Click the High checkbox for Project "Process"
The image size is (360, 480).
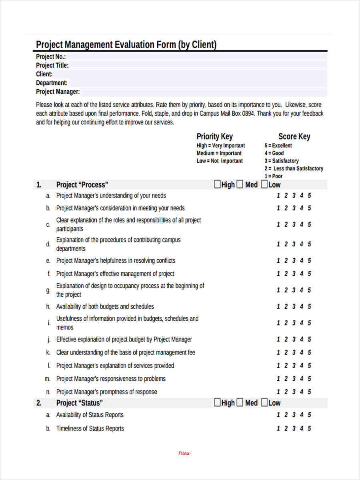(x=217, y=184)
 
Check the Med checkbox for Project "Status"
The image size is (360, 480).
(x=240, y=402)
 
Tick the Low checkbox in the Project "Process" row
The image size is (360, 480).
(x=264, y=184)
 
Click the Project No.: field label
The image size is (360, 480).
(x=51, y=57)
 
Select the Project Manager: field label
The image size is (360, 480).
(x=58, y=92)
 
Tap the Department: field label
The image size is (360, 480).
(x=52, y=83)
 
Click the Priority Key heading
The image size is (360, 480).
(x=214, y=136)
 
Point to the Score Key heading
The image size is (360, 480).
(x=294, y=136)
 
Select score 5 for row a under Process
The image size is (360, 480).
(x=309, y=196)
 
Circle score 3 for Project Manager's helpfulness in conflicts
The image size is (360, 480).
(x=294, y=261)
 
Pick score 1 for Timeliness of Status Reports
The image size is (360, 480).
(x=278, y=429)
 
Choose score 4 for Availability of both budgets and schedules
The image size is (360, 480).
(x=302, y=307)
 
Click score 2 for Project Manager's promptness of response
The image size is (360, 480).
(x=286, y=392)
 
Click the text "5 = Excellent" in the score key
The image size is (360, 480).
(x=278, y=146)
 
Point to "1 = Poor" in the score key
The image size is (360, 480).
(x=273, y=176)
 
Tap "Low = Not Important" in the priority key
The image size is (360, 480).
(x=220, y=161)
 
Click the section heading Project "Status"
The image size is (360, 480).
(x=79, y=403)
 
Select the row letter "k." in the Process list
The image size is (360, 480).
(x=48, y=353)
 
